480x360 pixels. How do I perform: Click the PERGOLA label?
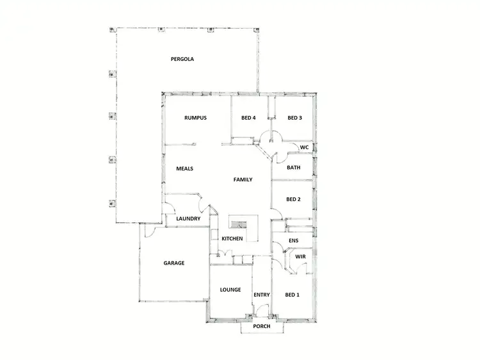pyautogui.click(x=182, y=59)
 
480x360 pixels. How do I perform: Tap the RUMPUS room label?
pyautogui.click(x=195, y=118)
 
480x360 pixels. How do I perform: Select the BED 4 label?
pyautogui.click(x=248, y=118)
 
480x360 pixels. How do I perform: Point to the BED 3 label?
pyautogui.click(x=294, y=118)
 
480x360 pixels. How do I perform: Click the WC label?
pyautogui.click(x=305, y=147)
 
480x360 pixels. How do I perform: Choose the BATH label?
pyautogui.click(x=294, y=168)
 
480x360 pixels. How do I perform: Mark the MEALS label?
pyautogui.click(x=184, y=169)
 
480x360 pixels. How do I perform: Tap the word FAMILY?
pyautogui.click(x=243, y=180)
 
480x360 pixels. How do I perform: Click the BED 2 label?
pyautogui.click(x=294, y=199)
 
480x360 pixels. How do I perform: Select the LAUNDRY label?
pyautogui.click(x=188, y=219)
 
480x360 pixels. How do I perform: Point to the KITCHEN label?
pyautogui.click(x=232, y=239)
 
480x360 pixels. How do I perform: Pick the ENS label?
pyautogui.click(x=294, y=241)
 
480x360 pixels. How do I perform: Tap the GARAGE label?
pyautogui.click(x=174, y=263)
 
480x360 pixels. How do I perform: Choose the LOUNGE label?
pyautogui.click(x=230, y=290)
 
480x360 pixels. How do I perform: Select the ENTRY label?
pyautogui.click(x=262, y=295)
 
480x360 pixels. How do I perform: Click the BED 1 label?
pyautogui.click(x=292, y=295)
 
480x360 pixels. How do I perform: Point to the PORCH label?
pyautogui.click(x=262, y=326)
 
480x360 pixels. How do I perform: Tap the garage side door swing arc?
pyautogui.click(x=148, y=233)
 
